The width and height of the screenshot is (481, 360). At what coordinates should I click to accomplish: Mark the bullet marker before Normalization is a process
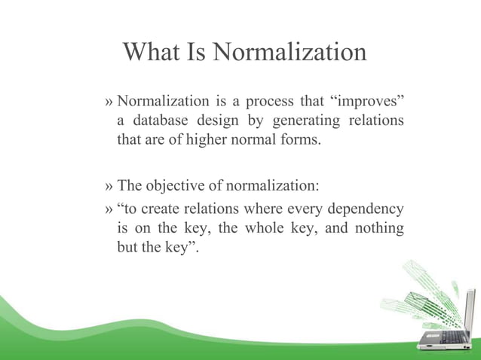[110, 102]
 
